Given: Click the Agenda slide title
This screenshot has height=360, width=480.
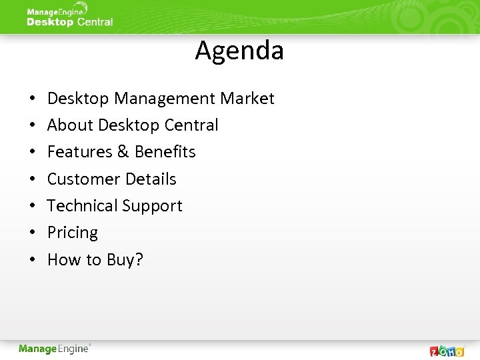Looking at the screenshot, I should pos(239,51).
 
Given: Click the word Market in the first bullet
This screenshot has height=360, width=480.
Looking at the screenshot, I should pos(247,99).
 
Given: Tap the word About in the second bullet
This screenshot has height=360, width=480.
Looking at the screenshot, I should pos(70,125).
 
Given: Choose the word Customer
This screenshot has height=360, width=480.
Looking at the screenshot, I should pos(79,179).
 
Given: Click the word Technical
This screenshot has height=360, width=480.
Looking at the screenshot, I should pos(79,206).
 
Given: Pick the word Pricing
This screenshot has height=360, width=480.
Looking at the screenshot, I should pos(73,233).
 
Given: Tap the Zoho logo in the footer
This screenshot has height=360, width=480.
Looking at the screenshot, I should pos(447,351).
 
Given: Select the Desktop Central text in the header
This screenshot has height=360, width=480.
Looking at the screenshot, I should pos(69,22).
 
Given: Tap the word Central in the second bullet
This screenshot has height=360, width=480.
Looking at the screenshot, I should pos(193,125).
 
